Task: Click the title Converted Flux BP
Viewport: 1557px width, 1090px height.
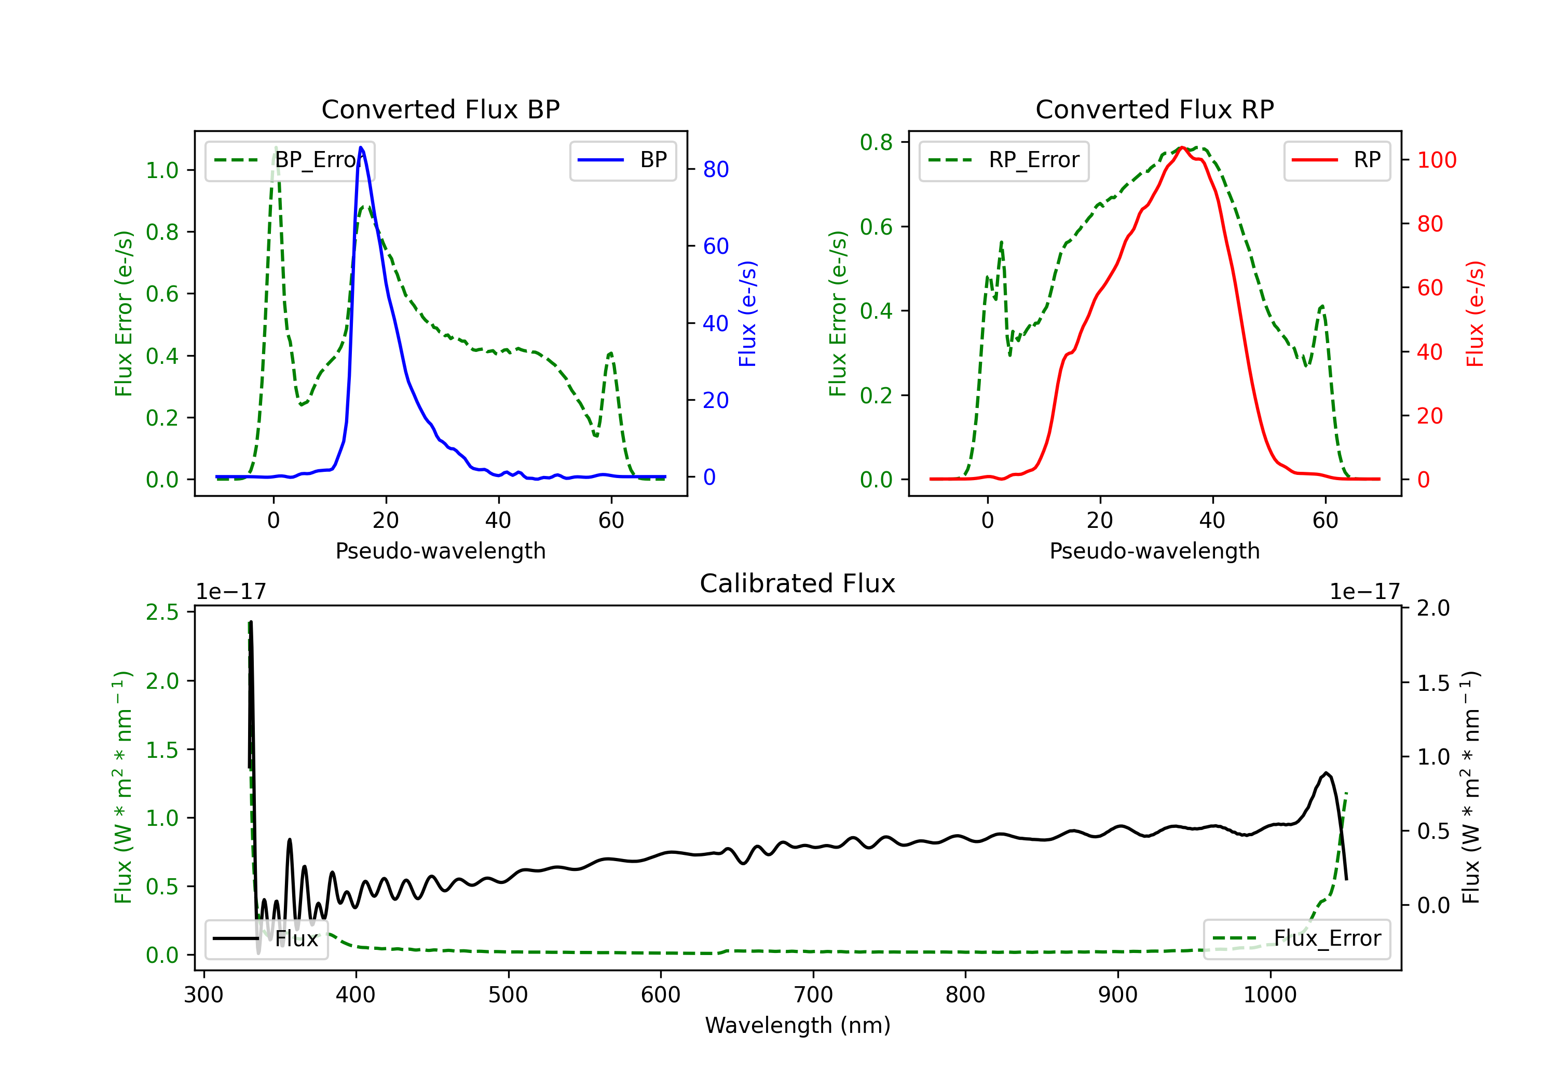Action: (440, 109)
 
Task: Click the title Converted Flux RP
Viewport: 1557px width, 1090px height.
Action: (1154, 109)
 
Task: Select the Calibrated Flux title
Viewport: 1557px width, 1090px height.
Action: (798, 583)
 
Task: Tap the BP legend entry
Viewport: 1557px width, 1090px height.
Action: (622, 160)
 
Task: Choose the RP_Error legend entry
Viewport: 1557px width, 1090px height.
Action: (1004, 160)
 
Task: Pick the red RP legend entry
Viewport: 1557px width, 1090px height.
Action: (1336, 160)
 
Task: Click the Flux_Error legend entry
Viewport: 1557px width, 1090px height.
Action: (1296, 939)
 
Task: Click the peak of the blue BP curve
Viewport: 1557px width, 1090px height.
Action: (361, 147)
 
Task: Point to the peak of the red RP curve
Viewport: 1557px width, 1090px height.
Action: (1182, 147)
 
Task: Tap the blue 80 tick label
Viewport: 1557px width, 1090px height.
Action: (715, 170)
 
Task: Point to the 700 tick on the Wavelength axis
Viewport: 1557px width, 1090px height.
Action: (813, 995)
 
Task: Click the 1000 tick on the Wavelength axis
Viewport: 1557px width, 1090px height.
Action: (1270, 995)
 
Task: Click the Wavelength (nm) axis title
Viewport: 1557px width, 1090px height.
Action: (798, 1026)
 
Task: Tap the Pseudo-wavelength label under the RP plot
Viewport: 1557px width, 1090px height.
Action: (1154, 551)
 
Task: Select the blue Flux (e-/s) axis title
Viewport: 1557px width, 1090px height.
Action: (747, 314)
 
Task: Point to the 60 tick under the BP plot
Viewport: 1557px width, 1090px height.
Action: (611, 520)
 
